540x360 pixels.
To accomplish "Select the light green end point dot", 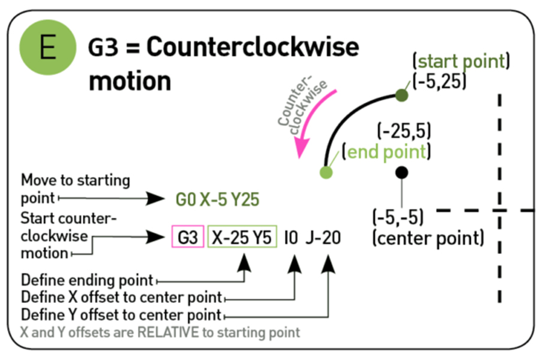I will [x=326, y=173].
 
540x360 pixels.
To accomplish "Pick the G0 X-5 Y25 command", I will [x=217, y=199].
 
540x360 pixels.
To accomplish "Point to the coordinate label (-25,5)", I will [x=404, y=130].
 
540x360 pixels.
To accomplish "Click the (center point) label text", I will [x=428, y=238].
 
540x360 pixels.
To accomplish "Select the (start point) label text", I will [x=461, y=61].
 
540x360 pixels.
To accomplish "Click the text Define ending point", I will [x=87, y=280].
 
